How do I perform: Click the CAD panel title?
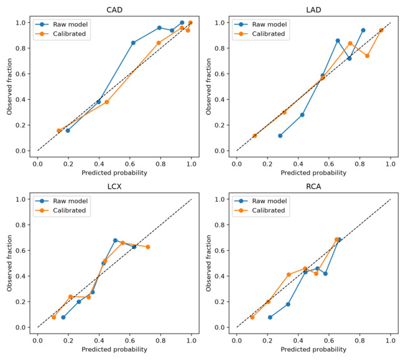pyautogui.click(x=114, y=10)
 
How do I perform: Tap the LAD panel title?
pyautogui.click(x=313, y=10)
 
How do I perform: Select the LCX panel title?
pyautogui.click(x=114, y=187)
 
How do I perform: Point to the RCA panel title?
pyautogui.click(x=313, y=187)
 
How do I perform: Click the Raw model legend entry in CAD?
pyautogui.click(x=62, y=25)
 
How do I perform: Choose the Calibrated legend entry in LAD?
pyautogui.click(x=260, y=34)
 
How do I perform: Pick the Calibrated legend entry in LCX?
pyautogui.click(x=61, y=210)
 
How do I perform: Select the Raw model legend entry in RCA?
pyautogui.click(x=261, y=201)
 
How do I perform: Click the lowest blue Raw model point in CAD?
pyautogui.click(x=68, y=131)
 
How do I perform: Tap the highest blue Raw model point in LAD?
pyautogui.click(x=363, y=30)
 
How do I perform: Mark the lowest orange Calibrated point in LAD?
pyautogui.click(x=255, y=136)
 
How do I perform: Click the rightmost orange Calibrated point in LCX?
pyautogui.click(x=148, y=247)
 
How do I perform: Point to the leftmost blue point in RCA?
pyautogui.click(x=270, y=317)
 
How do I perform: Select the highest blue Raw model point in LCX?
pyautogui.click(x=115, y=241)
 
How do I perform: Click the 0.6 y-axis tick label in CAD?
pyautogui.click(x=21, y=74)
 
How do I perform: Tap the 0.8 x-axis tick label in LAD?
pyautogui.click(x=360, y=164)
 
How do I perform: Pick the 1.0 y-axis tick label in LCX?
pyautogui.click(x=21, y=199)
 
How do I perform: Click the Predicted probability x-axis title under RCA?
pyautogui.click(x=313, y=349)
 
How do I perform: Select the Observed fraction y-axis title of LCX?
pyautogui.click(x=9, y=263)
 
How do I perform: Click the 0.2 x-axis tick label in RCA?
pyautogui.click(x=267, y=341)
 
